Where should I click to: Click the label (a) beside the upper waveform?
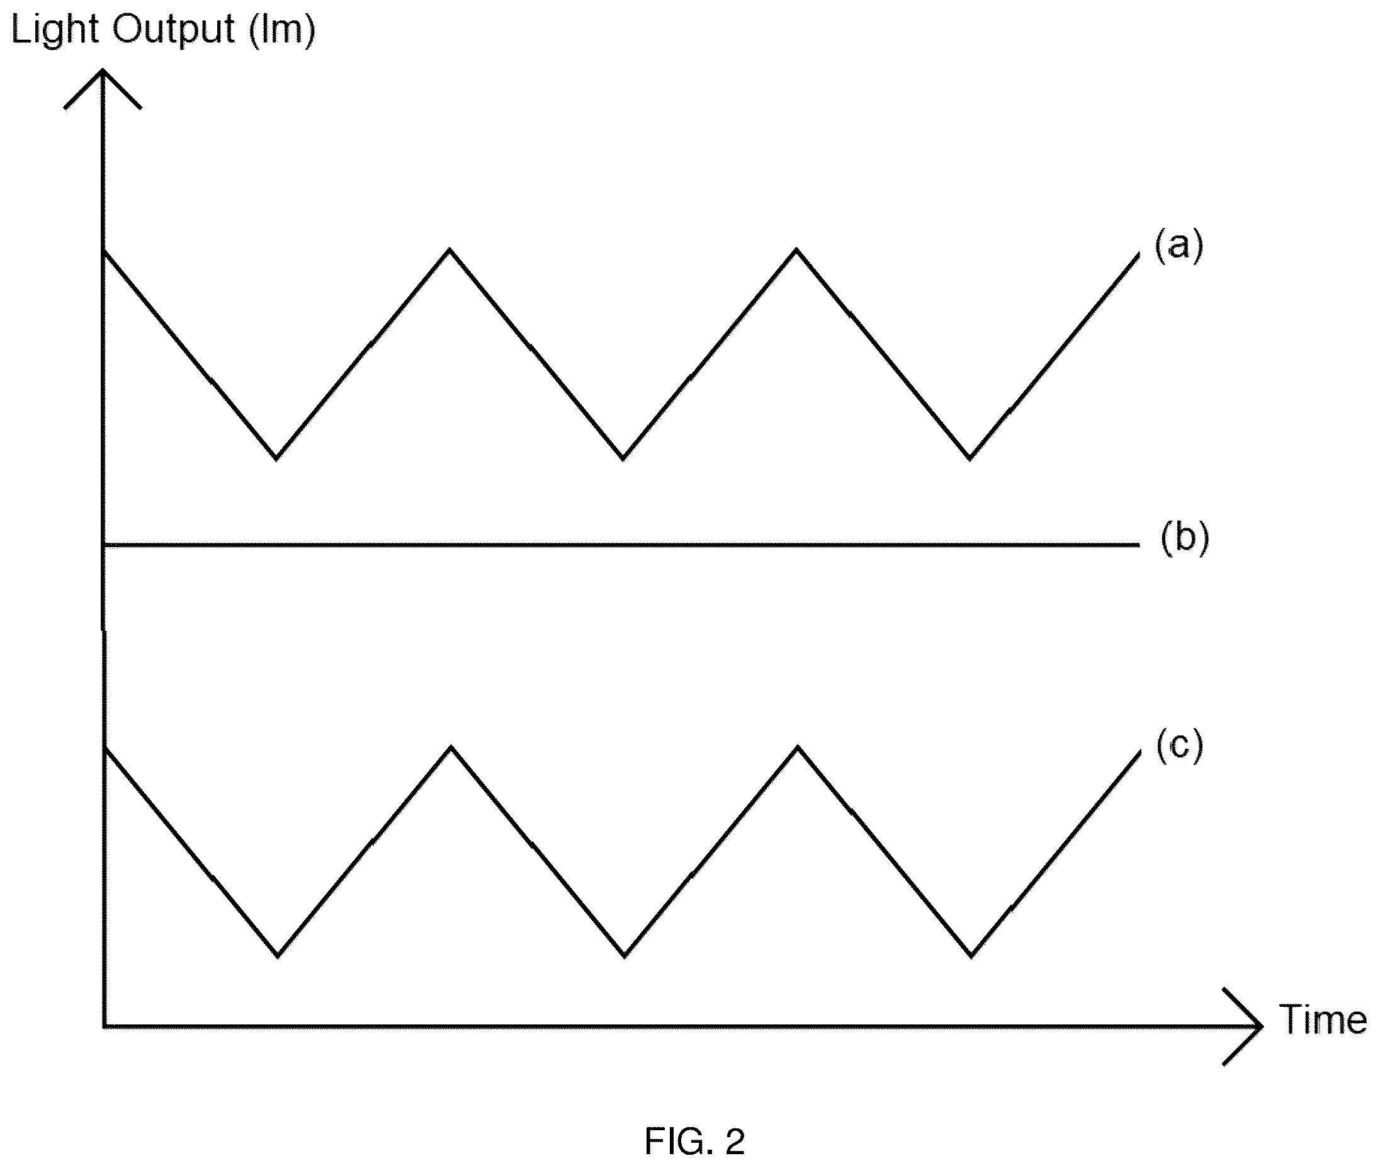[x=1178, y=245]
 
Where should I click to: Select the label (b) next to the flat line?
[x=1185, y=538]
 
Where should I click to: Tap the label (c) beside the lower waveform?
[x=1179, y=746]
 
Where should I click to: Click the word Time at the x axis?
[x=1323, y=1019]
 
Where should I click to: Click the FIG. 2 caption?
[x=695, y=1141]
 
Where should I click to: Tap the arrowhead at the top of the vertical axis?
[x=103, y=72]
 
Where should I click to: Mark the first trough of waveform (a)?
[x=276, y=458]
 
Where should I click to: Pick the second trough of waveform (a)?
[x=623, y=458]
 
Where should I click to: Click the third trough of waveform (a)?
[x=970, y=458]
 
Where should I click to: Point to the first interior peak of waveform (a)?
[x=450, y=249]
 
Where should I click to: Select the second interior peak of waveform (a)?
[x=796, y=249]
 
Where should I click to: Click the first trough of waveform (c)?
[x=278, y=956]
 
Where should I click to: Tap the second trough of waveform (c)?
[x=624, y=956]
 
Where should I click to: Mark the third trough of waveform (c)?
[x=971, y=956]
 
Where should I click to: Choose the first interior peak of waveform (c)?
[x=451, y=747]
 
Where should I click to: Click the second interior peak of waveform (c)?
[x=798, y=747]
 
